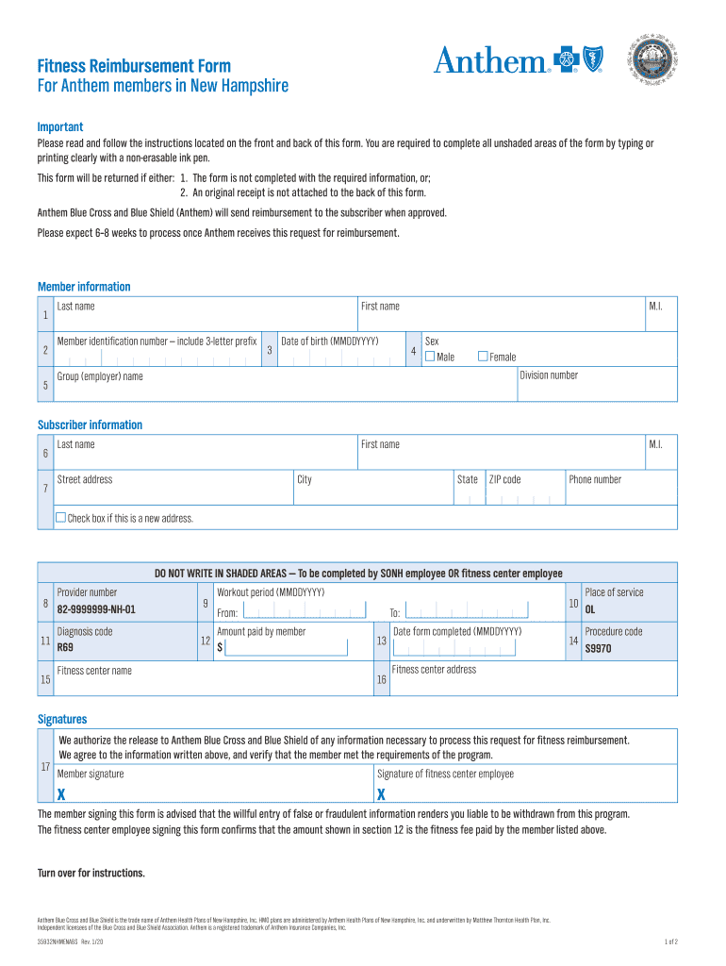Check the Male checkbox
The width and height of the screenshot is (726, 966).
click(430, 357)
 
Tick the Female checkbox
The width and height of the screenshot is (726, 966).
click(483, 357)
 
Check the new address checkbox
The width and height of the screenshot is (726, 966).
click(61, 518)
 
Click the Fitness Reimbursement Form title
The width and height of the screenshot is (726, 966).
click(134, 66)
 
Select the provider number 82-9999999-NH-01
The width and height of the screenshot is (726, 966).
click(96, 609)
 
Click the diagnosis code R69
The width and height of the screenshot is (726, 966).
click(65, 648)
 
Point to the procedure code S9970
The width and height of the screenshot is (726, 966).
click(598, 649)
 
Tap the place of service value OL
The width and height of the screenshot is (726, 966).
click(590, 609)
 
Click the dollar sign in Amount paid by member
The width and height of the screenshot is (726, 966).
click(220, 648)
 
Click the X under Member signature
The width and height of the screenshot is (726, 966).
click(62, 792)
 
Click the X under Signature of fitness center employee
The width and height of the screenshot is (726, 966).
click(381, 792)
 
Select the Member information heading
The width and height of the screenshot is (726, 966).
click(84, 287)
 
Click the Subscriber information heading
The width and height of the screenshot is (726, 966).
click(90, 425)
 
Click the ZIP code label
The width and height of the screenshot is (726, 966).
click(504, 479)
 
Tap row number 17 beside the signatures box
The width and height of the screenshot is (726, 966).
click(45, 765)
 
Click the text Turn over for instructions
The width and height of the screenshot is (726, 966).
click(91, 873)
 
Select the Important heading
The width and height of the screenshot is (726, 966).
click(60, 126)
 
